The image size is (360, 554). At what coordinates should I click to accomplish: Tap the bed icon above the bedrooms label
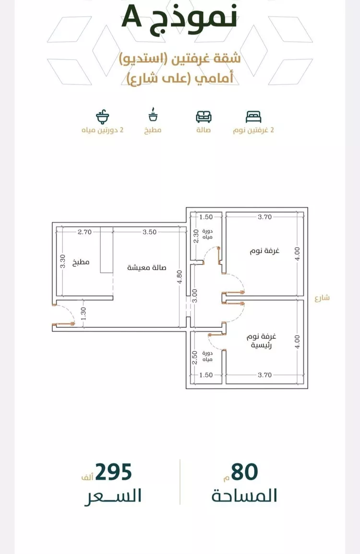(253, 117)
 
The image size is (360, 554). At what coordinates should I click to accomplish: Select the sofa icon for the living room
(204, 117)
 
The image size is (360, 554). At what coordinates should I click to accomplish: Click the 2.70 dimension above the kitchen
(84, 232)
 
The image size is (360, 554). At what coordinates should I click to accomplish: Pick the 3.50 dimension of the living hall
(149, 232)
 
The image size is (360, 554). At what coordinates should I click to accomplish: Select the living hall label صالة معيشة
(146, 268)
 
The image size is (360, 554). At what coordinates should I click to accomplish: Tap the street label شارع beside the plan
(322, 298)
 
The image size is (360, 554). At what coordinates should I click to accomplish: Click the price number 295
(113, 473)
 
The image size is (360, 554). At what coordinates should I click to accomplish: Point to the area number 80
(245, 472)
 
